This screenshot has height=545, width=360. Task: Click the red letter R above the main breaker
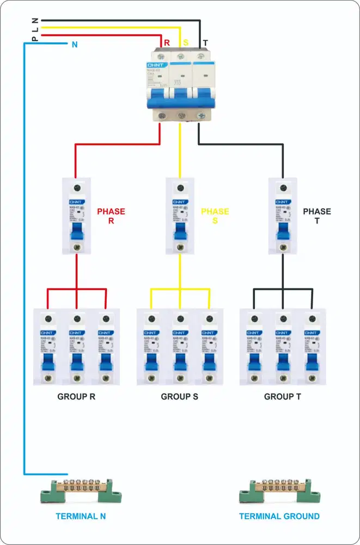tap(166, 43)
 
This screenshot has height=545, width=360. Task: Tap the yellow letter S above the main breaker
tap(185, 43)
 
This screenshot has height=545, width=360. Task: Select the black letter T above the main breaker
tap(205, 43)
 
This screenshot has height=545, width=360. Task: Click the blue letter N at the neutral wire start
tap(75, 45)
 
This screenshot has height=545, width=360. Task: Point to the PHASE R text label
tap(111, 216)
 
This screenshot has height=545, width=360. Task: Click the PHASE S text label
tap(215, 216)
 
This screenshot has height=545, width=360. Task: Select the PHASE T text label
tap(317, 216)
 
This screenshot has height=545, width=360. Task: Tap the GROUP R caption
tap(76, 397)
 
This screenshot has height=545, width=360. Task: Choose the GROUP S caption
tap(180, 397)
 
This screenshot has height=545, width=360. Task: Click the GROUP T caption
tap(283, 397)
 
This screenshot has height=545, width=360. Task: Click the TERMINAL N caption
tap(81, 516)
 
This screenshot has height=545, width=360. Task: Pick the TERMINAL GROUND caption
tap(279, 516)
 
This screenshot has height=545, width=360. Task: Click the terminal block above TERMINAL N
tap(81, 490)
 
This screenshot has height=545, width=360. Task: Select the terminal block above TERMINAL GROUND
tap(279, 490)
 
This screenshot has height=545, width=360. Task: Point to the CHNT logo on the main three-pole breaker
tap(154, 65)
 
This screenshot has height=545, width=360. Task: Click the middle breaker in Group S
tap(180, 347)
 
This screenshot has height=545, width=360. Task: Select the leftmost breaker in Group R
tap(47, 347)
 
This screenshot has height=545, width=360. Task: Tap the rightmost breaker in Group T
tap(312, 347)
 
